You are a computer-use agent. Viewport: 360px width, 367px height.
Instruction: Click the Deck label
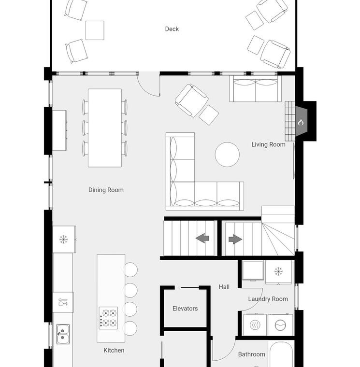[x=172, y=29]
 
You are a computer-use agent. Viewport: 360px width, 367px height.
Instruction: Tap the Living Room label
[x=268, y=144]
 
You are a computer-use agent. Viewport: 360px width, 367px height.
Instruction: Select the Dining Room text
[x=106, y=190]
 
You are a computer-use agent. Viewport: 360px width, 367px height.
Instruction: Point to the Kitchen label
[x=114, y=351]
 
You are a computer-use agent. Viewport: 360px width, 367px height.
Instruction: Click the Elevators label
[x=185, y=309]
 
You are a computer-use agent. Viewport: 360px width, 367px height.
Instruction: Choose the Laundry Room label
[x=268, y=299]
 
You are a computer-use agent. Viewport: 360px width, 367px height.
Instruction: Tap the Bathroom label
[x=252, y=354]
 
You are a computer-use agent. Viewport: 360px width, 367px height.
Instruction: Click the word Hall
[x=224, y=287]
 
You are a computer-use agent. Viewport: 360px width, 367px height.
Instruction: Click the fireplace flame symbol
[x=301, y=122]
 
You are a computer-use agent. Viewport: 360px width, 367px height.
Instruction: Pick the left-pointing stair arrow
[x=202, y=239]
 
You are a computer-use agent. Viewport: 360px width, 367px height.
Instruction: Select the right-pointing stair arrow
[x=235, y=239]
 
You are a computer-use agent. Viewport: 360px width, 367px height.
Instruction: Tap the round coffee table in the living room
[x=227, y=155]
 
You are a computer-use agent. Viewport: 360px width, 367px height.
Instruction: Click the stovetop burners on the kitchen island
[x=108, y=318]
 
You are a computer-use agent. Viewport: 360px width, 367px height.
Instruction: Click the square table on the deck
[x=95, y=30]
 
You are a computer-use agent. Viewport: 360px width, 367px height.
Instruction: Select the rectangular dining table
[x=105, y=128]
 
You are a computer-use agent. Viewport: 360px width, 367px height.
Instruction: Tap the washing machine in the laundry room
[x=280, y=325]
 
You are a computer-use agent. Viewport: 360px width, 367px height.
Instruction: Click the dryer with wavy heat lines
[x=255, y=325]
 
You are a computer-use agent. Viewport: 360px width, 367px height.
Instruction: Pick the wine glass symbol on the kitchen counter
[x=63, y=302]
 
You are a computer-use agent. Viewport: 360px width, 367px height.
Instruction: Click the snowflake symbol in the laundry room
[x=278, y=271]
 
